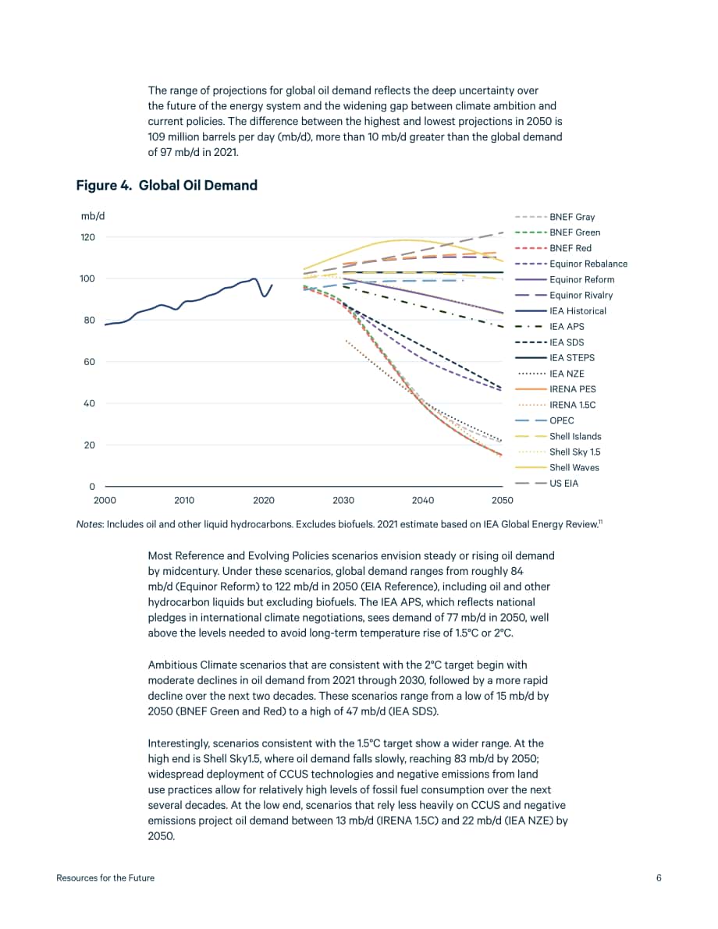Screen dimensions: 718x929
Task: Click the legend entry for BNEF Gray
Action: click(x=555, y=217)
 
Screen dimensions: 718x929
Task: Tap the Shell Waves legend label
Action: click(x=574, y=467)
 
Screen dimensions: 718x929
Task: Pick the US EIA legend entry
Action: click(x=546, y=484)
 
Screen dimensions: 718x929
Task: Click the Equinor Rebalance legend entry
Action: click(x=571, y=264)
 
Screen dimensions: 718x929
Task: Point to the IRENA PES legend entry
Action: click(x=556, y=389)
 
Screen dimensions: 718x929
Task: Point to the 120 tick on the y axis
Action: click(x=87, y=238)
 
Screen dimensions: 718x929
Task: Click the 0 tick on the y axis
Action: click(x=92, y=487)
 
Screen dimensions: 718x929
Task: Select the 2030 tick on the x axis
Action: click(x=343, y=500)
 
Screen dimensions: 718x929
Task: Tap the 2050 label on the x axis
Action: click(x=502, y=500)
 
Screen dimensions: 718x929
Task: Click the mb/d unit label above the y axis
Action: click(x=93, y=216)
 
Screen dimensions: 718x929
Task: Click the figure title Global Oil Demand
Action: click(x=198, y=186)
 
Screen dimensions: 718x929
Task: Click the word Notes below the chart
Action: click(x=90, y=524)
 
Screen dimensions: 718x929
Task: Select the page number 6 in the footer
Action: click(x=659, y=878)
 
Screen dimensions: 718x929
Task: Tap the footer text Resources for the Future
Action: click(x=105, y=878)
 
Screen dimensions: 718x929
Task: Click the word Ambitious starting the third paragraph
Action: click(x=172, y=665)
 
